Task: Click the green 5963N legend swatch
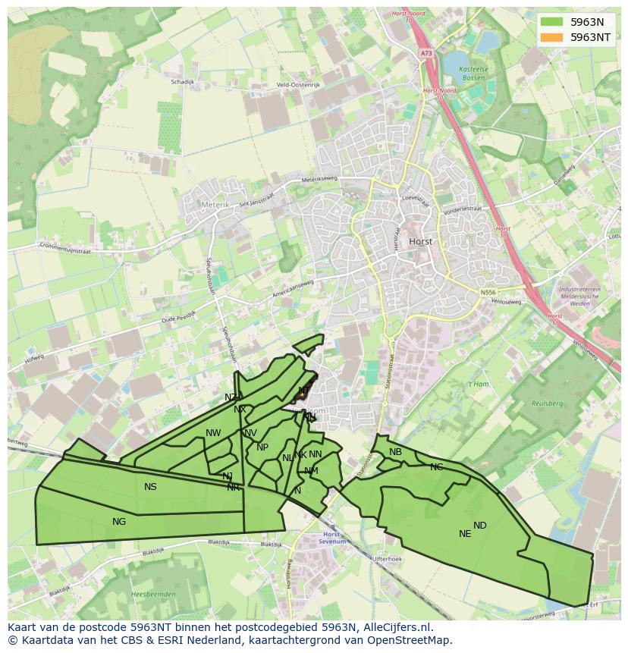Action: (x=551, y=22)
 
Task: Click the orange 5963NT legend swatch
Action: (x=551, y=36)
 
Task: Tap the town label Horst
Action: (x=420, y=241)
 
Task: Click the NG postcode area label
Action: (x=119, y=521)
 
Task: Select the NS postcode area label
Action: (x=150, y=486)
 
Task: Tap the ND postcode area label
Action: (x=480, y=525)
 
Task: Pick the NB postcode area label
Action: (x=395, y=452)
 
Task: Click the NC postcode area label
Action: (x=436, y=466)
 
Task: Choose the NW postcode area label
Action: (x=213, y=433)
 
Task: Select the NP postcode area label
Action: (x=262, y=447)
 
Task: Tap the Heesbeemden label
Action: (x=153, y=594)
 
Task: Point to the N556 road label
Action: (x=489, y=291)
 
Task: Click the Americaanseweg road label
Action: (x=293, y=283)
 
